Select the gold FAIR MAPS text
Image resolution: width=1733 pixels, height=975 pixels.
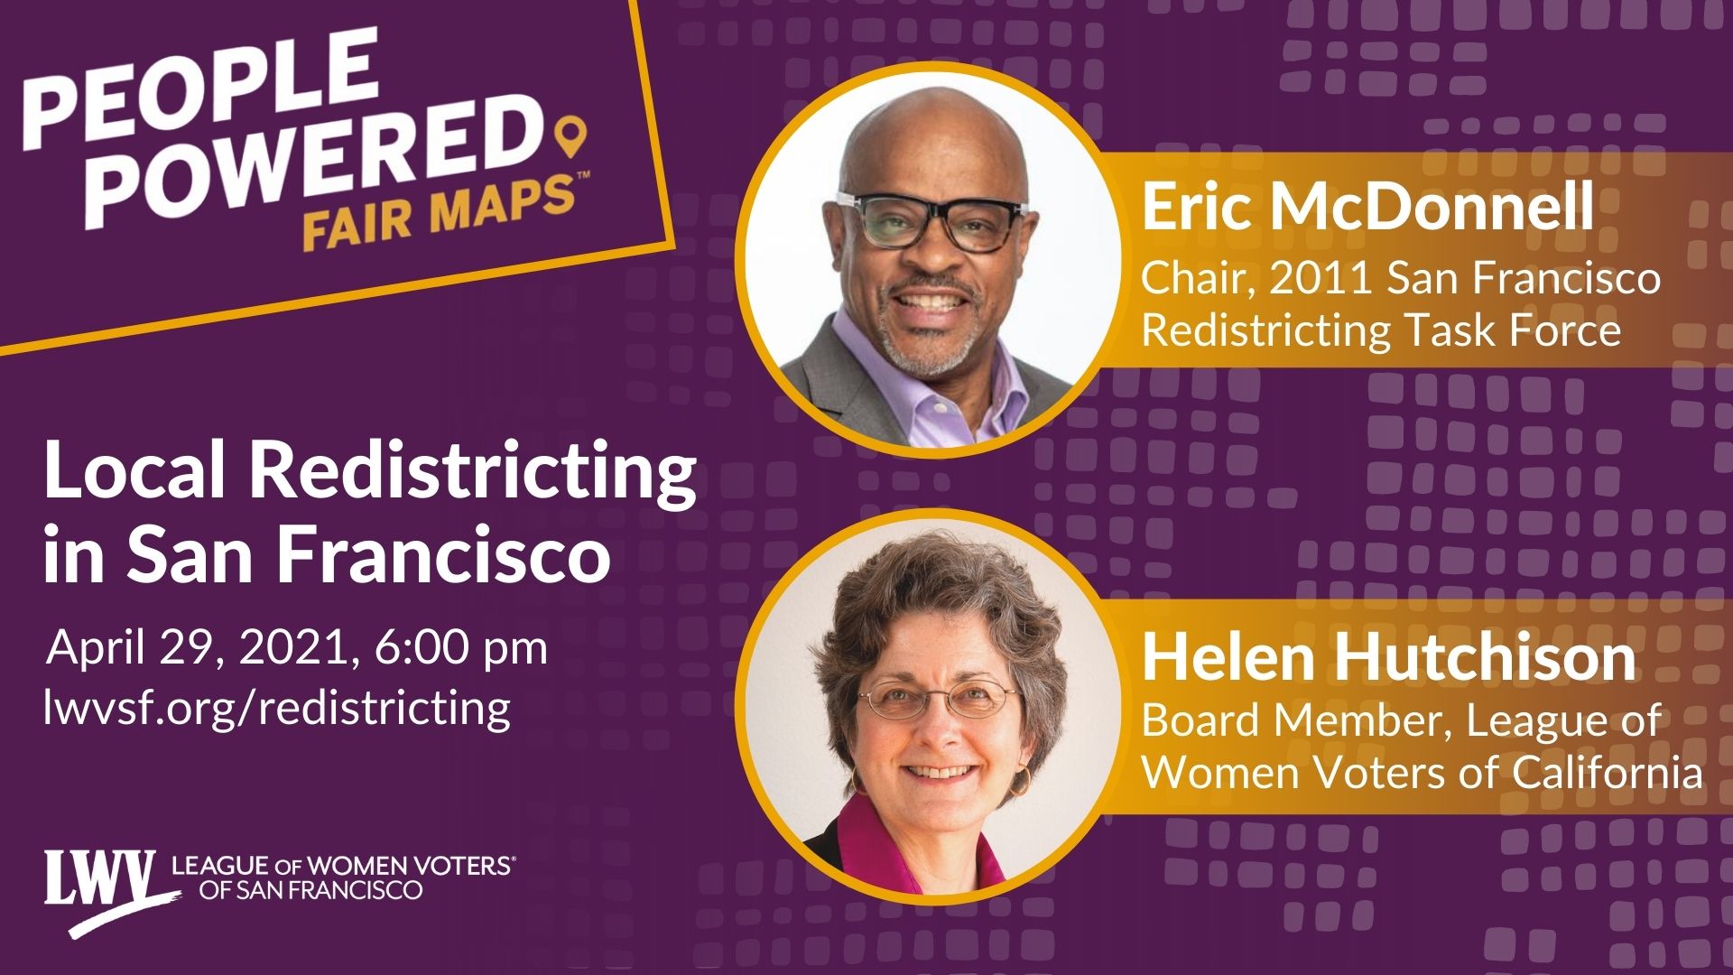click(437, 212)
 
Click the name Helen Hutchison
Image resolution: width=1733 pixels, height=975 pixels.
click(1388, 656)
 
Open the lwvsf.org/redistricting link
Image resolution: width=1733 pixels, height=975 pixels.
click(277, 708)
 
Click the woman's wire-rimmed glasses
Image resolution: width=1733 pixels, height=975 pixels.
click(939, 700)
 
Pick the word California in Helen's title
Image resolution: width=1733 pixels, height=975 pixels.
click(1608, 772)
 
